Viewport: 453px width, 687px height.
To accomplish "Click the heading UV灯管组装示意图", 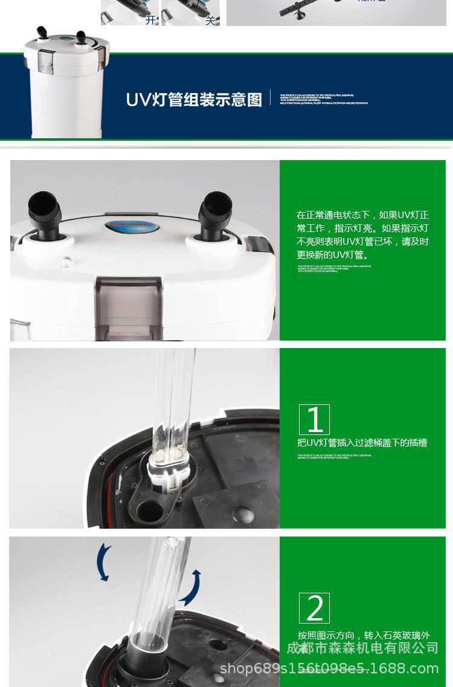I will (194, 99).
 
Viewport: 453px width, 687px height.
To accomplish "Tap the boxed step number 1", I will (314, 419).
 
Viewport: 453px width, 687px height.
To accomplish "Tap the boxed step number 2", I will (314, 608).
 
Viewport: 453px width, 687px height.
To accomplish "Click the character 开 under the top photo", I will (150, 20).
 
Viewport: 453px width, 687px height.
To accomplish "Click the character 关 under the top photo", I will (210, 20).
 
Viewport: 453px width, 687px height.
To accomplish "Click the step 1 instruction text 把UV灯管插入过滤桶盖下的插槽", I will (362, 443).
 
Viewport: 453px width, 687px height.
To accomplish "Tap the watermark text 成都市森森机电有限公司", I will (362, 648).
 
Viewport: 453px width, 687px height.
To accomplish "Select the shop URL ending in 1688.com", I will (329, 668).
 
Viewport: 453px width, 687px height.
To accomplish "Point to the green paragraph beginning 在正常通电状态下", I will (362, 235).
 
